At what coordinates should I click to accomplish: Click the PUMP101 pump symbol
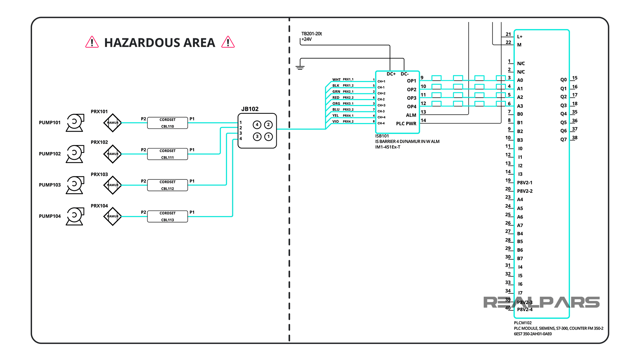click(x=75, y=122)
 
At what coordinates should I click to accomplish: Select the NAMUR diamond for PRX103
click(x=113, y=185)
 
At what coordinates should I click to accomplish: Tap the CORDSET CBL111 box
click(x=167, y=154)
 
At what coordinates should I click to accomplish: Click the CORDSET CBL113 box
click(x=167, y=216)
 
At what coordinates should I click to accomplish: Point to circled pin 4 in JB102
click(x=257, y=125)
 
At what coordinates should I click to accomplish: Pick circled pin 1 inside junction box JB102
click(x=268, y=136)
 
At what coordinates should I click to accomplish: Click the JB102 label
click(x=250, y=109)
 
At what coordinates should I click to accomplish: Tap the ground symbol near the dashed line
click(x=300, y=67)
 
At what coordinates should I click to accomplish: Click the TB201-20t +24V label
click(x=311, y=36)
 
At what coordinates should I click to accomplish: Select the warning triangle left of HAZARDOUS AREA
click(x=92, y=42)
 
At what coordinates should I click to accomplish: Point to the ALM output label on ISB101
click(x=411, y=115)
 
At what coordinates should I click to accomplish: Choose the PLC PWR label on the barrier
click(x=406, y=124)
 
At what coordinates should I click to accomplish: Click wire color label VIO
click(x=335, y=121)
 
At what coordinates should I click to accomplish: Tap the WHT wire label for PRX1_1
click(x=336, y=80)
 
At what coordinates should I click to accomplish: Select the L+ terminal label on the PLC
click(x=520, y=37)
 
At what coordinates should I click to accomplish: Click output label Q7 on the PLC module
click(x=563, y=139)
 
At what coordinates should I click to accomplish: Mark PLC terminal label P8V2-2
click(x=524, y=191)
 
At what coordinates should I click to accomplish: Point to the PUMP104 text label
click(x=50, y=216)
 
